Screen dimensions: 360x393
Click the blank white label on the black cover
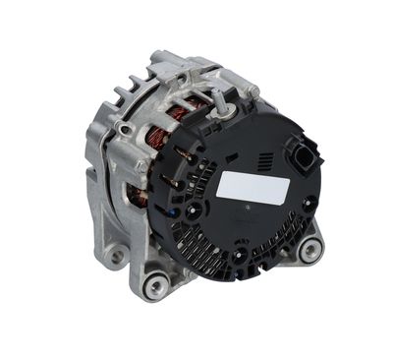(243, 186)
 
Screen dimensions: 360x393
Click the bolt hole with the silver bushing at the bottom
(153, 286)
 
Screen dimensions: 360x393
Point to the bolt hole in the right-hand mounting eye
(311, 250)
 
